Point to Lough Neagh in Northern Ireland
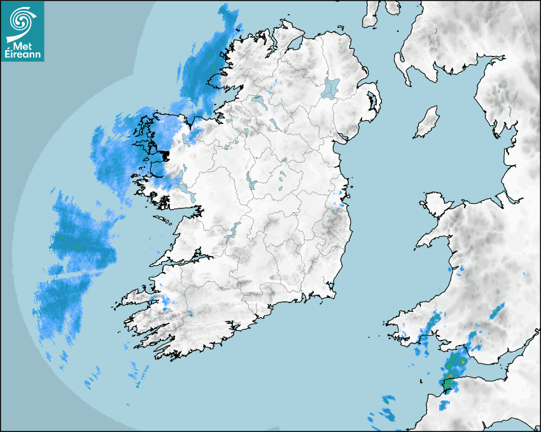[x=331, y=87]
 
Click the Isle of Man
[x=427, y=122]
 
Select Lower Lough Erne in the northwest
[x=258, y=100]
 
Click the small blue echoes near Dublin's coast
[x=341, y=197]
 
